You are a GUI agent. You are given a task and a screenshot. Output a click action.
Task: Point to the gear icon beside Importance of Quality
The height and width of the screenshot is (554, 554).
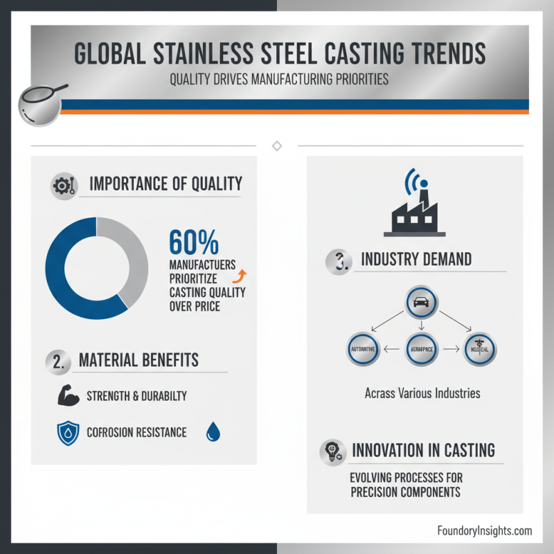(62, 186)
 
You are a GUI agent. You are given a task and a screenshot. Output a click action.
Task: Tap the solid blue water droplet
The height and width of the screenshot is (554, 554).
(213, 433)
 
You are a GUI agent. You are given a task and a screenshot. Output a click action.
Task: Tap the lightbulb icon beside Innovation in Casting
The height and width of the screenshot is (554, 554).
(332, 452)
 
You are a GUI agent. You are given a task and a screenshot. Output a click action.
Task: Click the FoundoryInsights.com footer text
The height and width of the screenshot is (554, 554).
(485, 530)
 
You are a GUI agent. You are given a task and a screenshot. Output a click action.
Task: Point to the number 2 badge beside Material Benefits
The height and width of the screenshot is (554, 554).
(60, 361)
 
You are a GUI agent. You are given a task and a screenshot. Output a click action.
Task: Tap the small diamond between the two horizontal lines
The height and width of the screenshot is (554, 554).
(277, 145)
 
